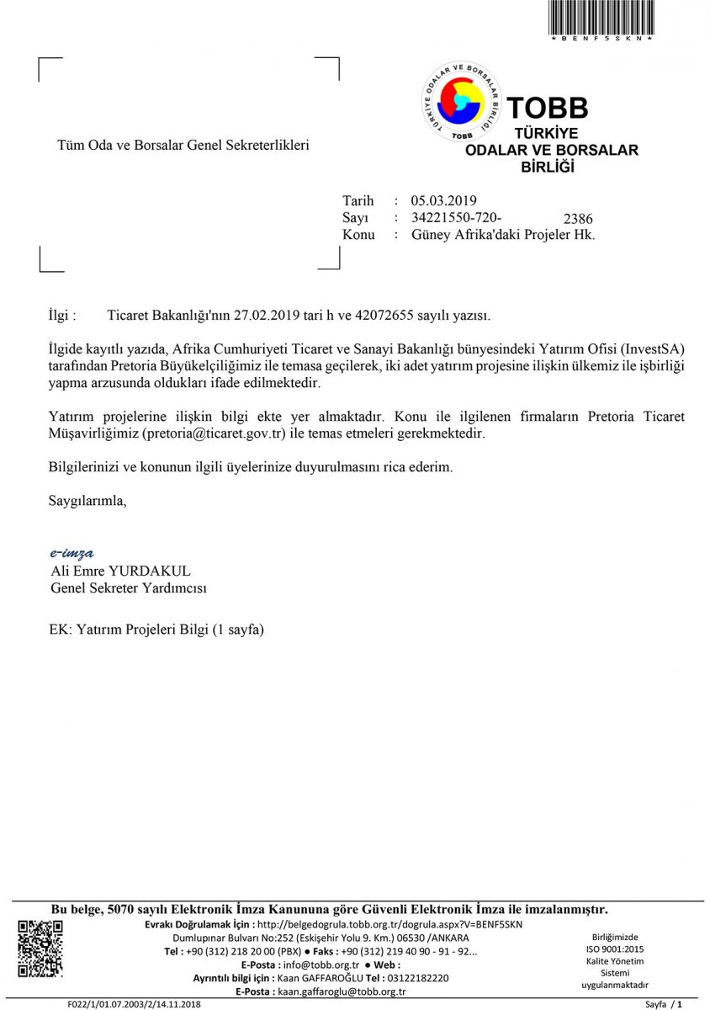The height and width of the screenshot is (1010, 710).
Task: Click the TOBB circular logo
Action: pos(461,102)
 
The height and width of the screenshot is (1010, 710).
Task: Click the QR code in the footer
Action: pos(40,949)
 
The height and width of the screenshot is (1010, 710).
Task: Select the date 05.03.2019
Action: pos(443,200)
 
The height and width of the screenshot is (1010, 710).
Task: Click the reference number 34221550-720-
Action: pos(457,217)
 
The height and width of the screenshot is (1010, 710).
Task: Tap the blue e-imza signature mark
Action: pos(72,553)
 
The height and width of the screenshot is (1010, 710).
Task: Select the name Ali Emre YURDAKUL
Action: pos(120,571)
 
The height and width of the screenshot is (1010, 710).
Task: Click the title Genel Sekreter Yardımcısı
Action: pos(129,587)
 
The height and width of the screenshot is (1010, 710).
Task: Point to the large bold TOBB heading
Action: pos(548,108)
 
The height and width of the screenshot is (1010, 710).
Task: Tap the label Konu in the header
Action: pos(358,235)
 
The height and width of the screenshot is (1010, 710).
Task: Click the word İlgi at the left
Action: pos(63,316)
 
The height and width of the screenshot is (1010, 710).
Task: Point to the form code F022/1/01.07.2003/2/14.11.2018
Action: pos(135,1004)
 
